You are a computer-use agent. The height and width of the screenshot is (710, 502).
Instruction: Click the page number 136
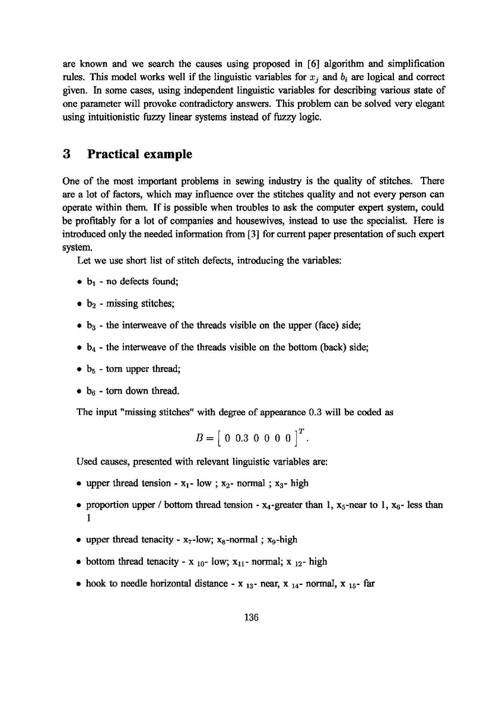[251, 617]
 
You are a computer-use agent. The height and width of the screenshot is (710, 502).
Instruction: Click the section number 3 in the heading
[67, 155]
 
